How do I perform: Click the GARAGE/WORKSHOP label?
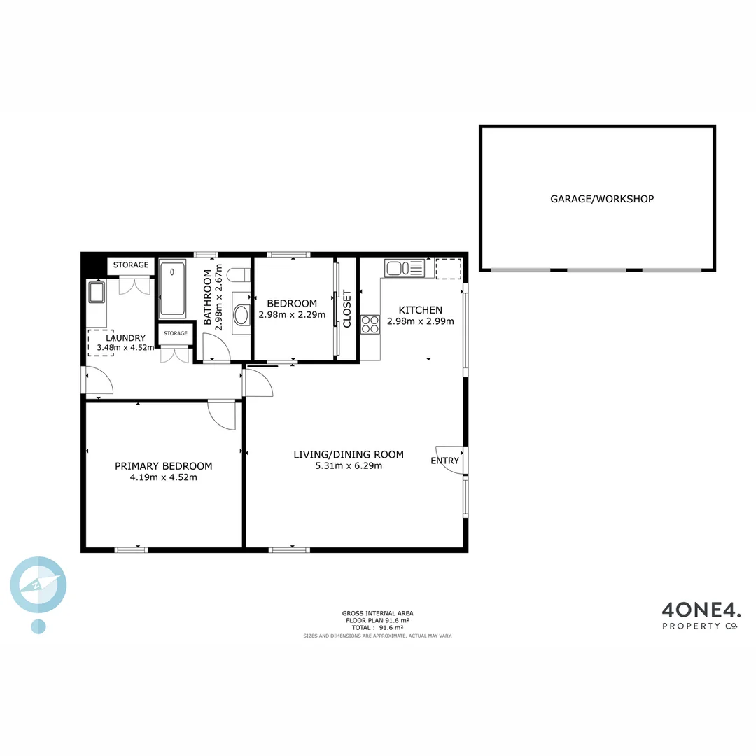click(x=602, y=199)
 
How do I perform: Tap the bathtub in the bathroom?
click(x=172, y=288)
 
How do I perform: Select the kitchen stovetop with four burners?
click(x=370, y=324)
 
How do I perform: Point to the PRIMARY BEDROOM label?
click(x=163, y=466)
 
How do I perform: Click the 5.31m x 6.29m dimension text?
click(x=349, y=465)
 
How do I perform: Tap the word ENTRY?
click(x=444, y=461)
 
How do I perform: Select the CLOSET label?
click(x=347, y=309)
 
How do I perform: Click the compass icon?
click(x=38, y=585)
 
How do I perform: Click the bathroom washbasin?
click(x=241, y=314)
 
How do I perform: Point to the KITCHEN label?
click(x=420, y=310)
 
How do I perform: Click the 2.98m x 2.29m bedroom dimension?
click(x=292, y=315)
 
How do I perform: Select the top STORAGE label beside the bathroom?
click(x=131, y=265)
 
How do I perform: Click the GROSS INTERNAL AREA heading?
click(x=377, y=613)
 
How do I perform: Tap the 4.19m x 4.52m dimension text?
click(x=163, y=478)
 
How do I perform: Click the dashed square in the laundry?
click(x=100, y=342)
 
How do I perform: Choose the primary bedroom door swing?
click(x=224, y=414)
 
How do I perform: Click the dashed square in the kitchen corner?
click(x=449, y=268)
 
